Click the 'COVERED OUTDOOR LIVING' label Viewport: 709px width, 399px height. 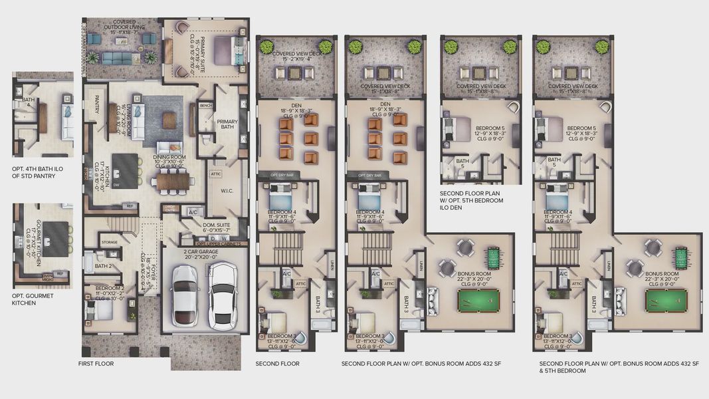123,26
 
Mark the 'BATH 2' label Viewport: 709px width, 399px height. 103,266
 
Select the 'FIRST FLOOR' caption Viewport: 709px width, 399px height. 96,364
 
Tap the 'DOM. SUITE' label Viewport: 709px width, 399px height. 217,225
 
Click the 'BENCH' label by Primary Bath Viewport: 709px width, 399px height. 205,105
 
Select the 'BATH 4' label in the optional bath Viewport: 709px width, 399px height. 28,102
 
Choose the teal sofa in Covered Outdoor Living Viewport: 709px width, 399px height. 117,59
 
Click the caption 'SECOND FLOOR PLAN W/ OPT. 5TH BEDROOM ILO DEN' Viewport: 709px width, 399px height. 472,200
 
